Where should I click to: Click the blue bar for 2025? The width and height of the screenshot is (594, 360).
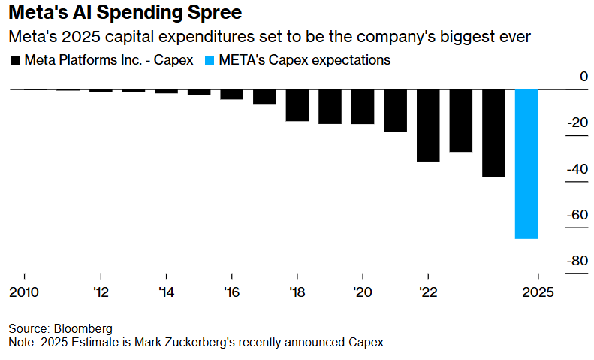(526, 164)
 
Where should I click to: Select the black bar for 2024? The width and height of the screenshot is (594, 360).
(493, 133)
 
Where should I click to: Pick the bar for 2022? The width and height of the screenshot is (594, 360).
(428, 126)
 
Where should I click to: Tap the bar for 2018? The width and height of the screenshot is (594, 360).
(297, 105)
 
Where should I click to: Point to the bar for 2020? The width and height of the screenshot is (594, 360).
(363, 107)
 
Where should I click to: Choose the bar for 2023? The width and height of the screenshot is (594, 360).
(461, 121)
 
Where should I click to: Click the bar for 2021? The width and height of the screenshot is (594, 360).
(396, 111)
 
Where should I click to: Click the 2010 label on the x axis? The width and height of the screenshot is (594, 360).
(24, 292)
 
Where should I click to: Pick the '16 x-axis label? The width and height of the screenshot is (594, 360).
(232, 292)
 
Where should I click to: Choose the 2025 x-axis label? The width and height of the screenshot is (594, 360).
(538, 292)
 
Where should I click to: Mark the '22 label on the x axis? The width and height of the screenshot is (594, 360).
(428, 292)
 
